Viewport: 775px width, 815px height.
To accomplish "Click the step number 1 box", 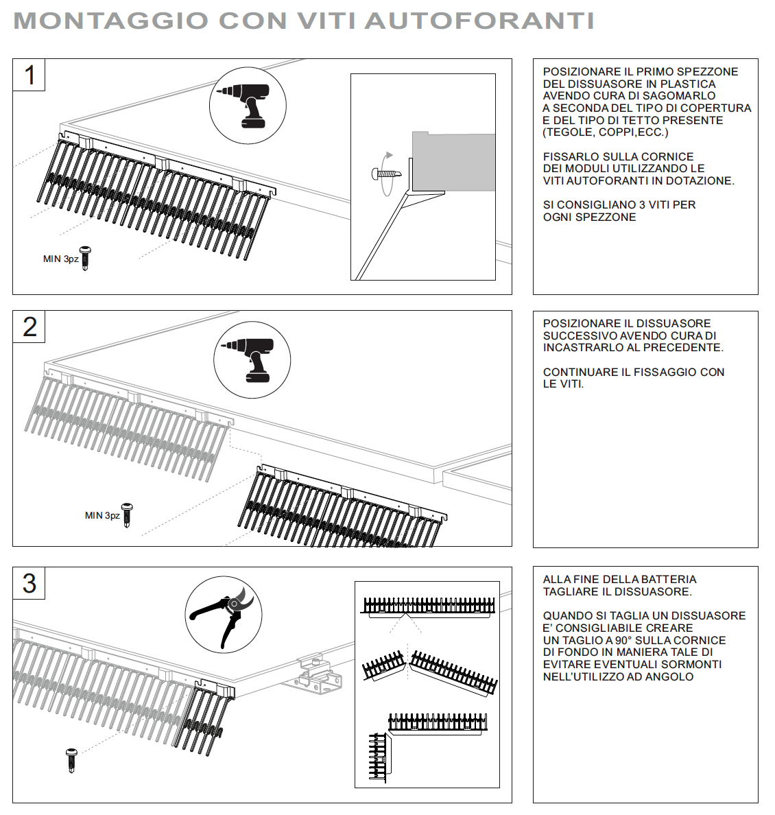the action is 29,75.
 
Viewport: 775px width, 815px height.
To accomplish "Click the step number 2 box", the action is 29,327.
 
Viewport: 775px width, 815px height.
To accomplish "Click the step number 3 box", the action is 29,583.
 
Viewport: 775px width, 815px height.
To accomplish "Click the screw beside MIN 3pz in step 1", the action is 86,258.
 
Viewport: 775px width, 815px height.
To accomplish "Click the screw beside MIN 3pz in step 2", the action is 127,515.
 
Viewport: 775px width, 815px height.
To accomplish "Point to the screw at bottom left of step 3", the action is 72,760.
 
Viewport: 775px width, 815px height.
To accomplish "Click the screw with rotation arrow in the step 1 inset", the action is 386,174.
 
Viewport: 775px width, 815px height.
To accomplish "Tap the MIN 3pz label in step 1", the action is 61,259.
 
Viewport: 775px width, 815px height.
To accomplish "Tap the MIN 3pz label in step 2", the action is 102,516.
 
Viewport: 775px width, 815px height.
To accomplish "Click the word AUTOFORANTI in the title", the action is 479,21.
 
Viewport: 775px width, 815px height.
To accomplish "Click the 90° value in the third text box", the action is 622,640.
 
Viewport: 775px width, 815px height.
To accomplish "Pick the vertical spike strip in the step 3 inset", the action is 379,757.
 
